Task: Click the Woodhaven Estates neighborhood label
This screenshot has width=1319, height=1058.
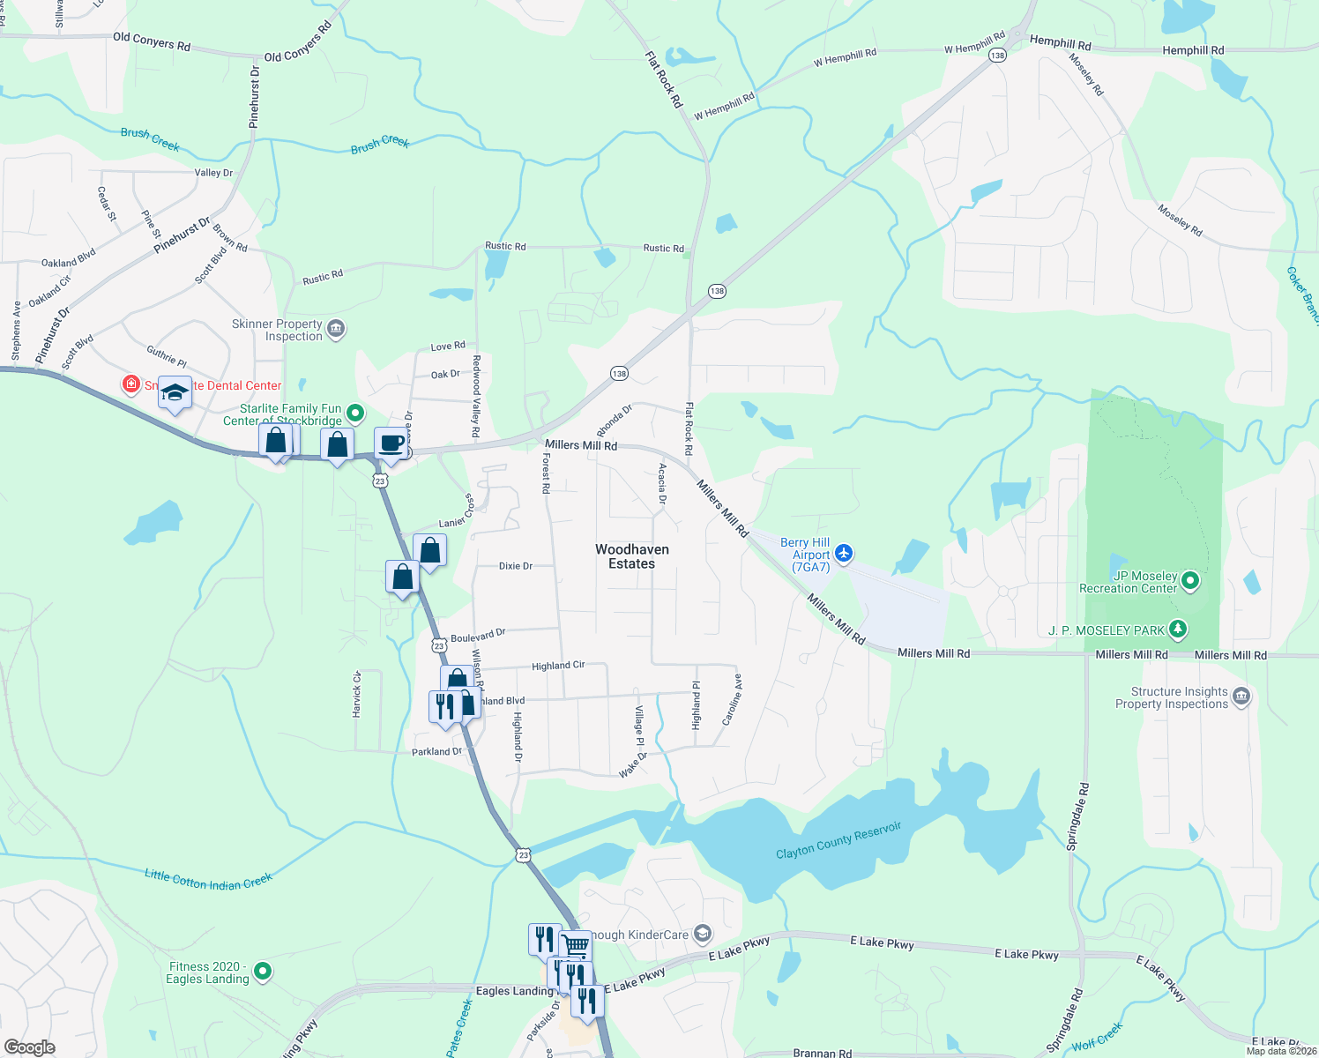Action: point(631,556)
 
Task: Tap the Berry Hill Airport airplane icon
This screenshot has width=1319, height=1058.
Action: point(844,553)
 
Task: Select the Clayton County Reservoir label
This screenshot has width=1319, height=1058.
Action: point(838,840)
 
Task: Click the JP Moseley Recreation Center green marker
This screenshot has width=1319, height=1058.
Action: point(1190,580)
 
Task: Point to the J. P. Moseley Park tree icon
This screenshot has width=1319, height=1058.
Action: point(1177,630)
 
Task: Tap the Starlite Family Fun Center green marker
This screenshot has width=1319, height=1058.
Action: point(354,412)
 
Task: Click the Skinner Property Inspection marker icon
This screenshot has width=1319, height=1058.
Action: point(335,329)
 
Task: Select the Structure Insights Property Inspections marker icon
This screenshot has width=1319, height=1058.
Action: point(1241,697)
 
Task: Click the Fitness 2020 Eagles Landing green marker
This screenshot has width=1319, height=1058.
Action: point(262,972)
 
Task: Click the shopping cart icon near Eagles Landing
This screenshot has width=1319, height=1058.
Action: point(575,946)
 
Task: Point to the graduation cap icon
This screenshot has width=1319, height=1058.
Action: point(175,391)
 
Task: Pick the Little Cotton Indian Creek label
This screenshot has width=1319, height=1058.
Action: point(209,879)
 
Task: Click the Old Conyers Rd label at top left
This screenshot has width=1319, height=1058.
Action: point(152,41)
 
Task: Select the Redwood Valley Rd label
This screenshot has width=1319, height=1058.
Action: point(476,396)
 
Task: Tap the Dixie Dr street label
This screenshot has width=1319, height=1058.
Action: point(516,566)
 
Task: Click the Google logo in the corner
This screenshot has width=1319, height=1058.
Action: point(29,1047)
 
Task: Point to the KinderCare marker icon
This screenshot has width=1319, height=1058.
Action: point(702,933)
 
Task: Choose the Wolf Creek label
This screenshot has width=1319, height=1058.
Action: point(1097,1037)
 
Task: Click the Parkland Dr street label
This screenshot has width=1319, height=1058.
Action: point(437,752)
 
